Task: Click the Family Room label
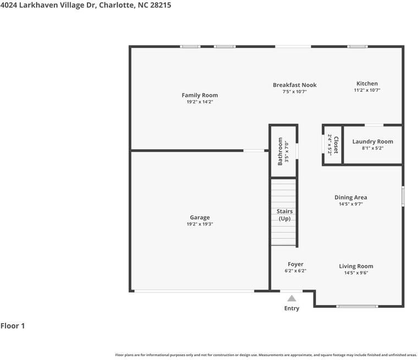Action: point(200,95)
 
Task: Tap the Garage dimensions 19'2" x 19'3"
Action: point(200,224)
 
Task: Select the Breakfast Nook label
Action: point(295,85)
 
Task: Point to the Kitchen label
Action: point(367,84)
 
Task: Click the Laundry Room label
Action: point(373,141)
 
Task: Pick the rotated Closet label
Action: point(336,145)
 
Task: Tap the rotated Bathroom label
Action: point(280,151)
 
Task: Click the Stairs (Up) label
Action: point(284,215)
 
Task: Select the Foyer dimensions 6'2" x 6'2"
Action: point(295,271)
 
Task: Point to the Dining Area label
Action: point(351,197)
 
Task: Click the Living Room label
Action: point(356,266)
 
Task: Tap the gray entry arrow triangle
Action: point(291,298)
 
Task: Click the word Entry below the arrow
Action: point(291,308)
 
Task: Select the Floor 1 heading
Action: point(13,325)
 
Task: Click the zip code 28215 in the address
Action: point(161,5)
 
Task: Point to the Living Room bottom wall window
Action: point(357,307)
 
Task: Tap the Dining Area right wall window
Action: point(403,196)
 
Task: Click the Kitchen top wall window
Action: point(357,47)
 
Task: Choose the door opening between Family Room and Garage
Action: point(254,151)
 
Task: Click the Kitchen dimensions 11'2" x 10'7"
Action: point(367,90)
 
